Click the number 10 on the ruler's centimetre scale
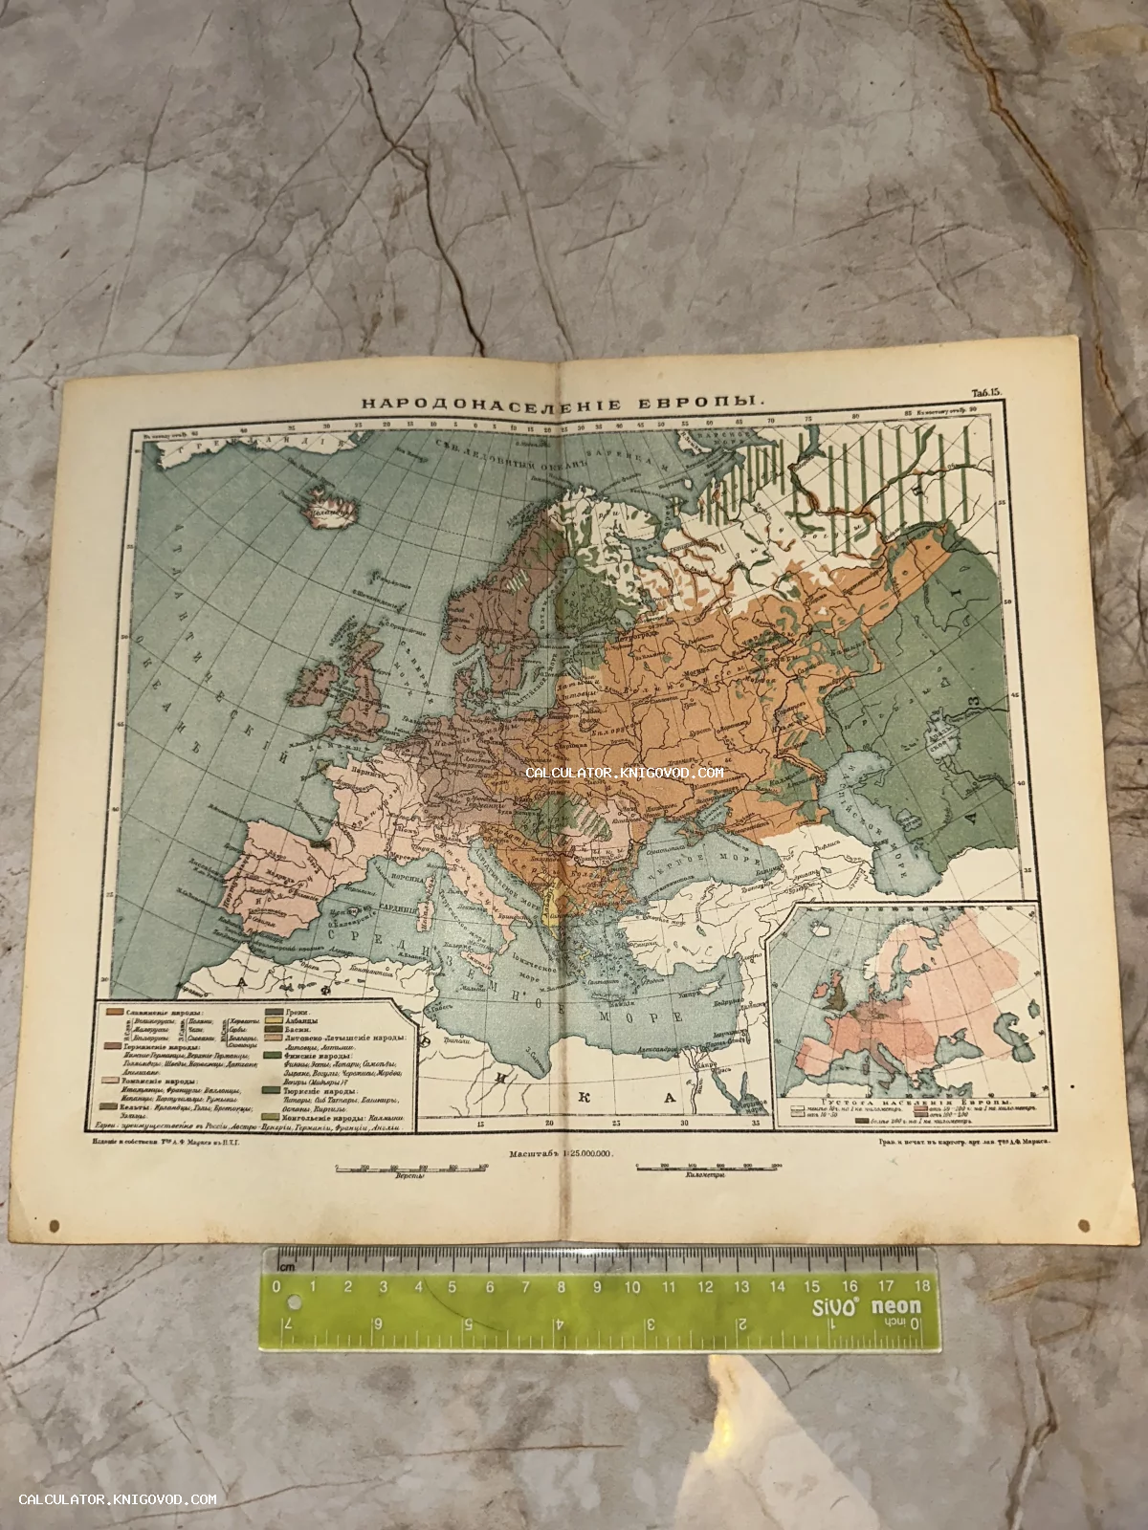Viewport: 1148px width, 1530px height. tap(632, 1287)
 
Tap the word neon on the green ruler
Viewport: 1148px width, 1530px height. tap(894, 1307)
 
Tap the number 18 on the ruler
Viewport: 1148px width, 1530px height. tap(922, 1287)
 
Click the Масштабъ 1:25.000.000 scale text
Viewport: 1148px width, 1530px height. tap(561, 1154)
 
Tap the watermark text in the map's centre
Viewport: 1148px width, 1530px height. tap(624, 773)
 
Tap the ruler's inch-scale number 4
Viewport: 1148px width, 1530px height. tap(557, 1324)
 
